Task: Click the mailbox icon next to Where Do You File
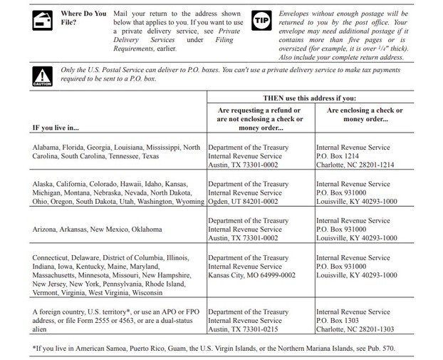(x=43, y=21)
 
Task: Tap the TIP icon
(x=262, y=21)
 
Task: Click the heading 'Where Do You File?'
(x=83, y=17)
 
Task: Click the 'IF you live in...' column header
(x=56, y=128)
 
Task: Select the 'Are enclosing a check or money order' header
(x=364, y=115)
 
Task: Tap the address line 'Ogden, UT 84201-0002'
(x=243, y=202)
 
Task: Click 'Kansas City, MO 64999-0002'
(x=251, y=275)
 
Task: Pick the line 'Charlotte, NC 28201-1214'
(x=357, y=165)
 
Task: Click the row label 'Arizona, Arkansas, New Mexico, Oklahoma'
(x=98, y=230)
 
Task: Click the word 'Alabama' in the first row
(x=47, y=147)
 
